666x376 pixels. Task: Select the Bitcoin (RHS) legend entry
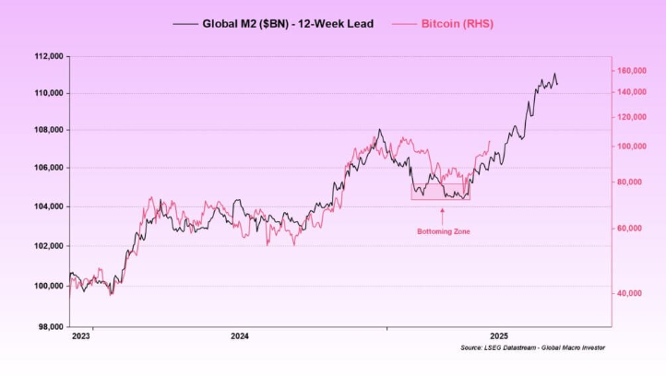pyautogui.click(x=456, y=24)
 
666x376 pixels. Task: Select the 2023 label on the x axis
pyautogui.click(x=81, y=336)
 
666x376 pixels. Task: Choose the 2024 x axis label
pyautogui.click(x=239, y=336)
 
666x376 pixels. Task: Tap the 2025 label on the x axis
pyautogui.click(x=499, y=336)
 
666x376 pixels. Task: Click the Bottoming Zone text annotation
pyautogui.click(x=443, y=231)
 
